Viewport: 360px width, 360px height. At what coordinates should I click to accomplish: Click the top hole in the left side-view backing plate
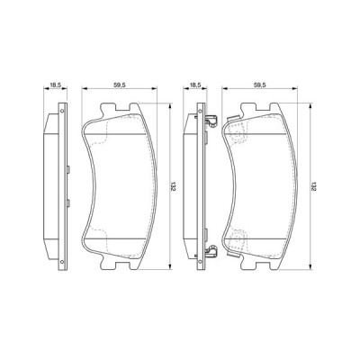[x=62, y=112]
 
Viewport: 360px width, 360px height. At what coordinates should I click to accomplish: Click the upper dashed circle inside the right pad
[x=238, y=132]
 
